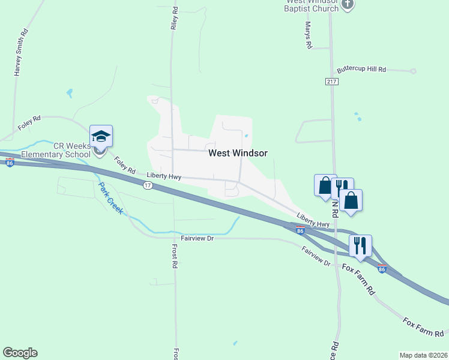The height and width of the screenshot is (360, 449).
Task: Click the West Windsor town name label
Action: click(x=238, y=153)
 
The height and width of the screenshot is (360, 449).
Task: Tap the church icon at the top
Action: click(x=348, y=6)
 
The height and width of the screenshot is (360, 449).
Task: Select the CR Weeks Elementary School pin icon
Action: click(x=101, y=137)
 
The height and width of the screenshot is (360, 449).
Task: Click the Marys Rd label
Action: click(x=309, y=35)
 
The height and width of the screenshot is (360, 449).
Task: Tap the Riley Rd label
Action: click(x=175, y=19)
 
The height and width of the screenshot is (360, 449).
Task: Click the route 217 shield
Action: click(x=332, y=81)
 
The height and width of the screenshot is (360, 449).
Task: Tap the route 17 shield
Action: click(x=148, y=185)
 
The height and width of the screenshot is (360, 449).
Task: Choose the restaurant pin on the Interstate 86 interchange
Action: click(x=360, y=246)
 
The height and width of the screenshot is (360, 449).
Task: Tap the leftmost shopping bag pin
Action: click(x=325, y=184)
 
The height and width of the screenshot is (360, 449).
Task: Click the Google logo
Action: click(x=20, y=353)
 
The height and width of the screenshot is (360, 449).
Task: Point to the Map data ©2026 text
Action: click(x=423, y=355)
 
